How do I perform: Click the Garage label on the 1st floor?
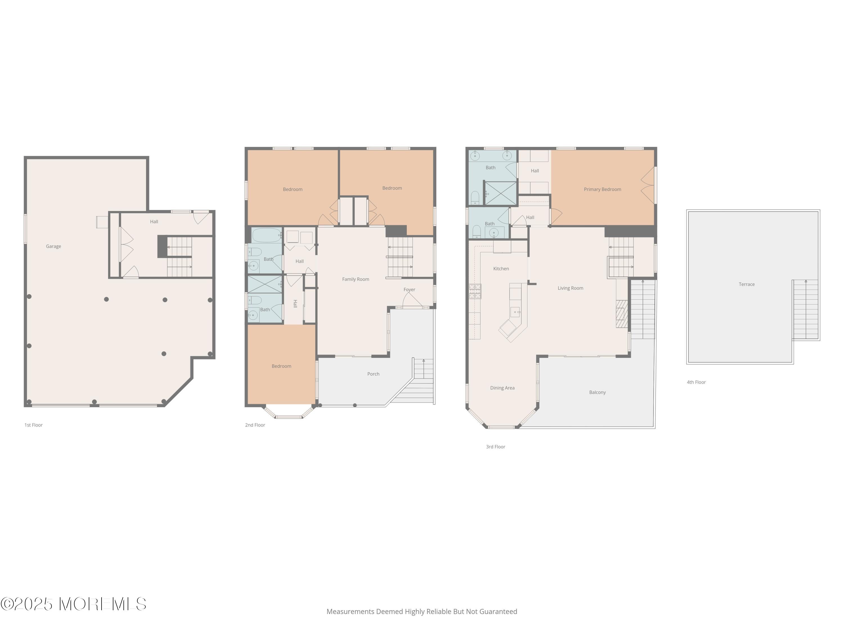53,246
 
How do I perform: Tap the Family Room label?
356,279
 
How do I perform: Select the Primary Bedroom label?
603,189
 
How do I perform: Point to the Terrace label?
747,284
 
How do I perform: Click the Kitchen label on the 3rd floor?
501,269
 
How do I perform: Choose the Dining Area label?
502,388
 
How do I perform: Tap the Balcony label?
598,392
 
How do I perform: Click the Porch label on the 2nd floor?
373,374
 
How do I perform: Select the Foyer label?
409,289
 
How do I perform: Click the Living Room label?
571,288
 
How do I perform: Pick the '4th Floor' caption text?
696,382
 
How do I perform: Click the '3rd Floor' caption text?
496,447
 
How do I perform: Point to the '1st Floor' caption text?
33,425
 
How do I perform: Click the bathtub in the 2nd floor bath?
267,235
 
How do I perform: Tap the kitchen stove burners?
475,291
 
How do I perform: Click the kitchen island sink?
515,312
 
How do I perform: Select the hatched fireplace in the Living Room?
621,314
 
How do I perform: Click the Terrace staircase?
805,309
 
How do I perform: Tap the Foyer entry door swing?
411,300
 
